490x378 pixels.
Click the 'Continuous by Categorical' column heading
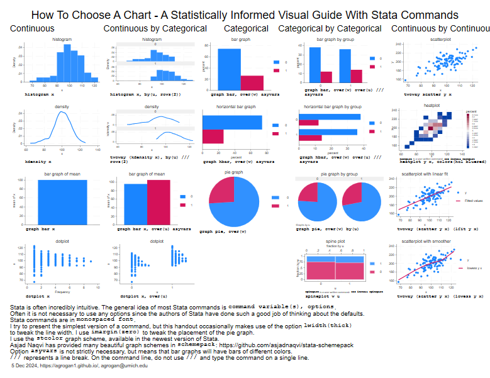tap(155, 28)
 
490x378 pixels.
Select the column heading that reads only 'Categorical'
tap(246, 28)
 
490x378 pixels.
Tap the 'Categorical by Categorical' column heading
tap(330, 28)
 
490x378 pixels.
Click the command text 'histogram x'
tap(39, 92)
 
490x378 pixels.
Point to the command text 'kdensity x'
tap(38, 162)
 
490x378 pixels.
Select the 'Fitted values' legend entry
tap(474, 201)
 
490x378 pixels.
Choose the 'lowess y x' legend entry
tap(474, 268)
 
